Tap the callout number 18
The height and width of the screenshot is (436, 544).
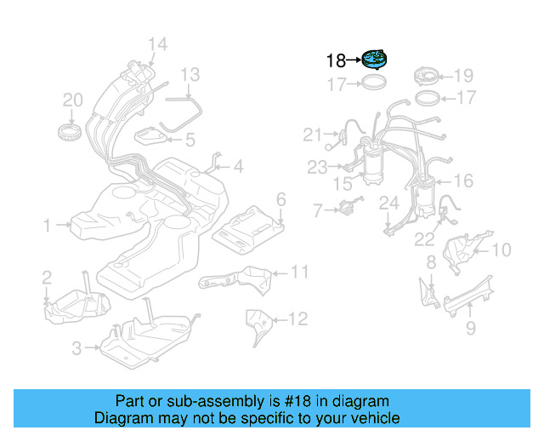tap(336, 60)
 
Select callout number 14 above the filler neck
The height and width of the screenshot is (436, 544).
tap(157, 44)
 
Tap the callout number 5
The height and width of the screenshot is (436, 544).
tap(190, 139)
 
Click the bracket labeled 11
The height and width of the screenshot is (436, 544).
tap(234, 279)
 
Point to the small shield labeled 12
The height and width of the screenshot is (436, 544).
tap(256, 324)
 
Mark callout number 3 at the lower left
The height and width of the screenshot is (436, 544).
tap(76, 347)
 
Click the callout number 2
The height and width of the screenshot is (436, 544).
tap(47, 276)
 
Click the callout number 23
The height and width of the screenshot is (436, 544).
tap(317, 168)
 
